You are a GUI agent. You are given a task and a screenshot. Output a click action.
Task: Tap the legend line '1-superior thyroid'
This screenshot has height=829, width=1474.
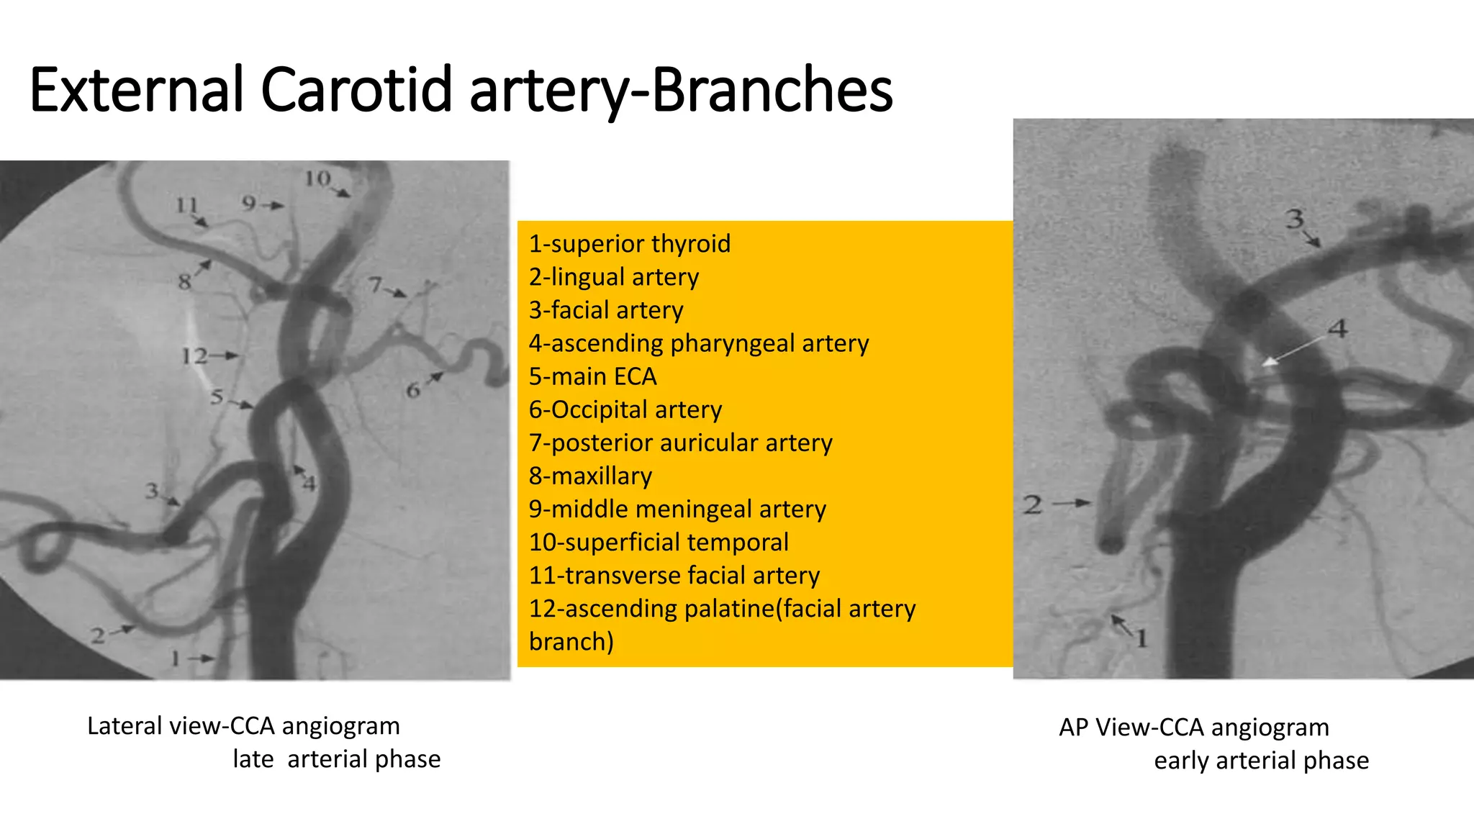[x=630, y=244]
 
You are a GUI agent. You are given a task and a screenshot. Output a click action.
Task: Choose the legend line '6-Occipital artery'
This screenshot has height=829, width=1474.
[x=625, y=409]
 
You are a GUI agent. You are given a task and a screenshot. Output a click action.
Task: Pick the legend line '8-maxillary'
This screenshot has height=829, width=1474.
[x=590, y=476]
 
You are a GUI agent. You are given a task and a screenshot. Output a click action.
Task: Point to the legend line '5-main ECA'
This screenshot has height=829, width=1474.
[x=592, y=376]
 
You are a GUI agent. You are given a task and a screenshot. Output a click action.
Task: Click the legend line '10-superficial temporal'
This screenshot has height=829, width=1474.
[x=659, y=542]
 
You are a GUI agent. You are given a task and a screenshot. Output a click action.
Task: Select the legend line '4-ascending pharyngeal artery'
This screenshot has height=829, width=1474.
[x=699, y=343]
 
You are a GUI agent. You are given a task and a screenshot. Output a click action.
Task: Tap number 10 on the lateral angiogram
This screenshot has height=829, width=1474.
[x=317, y=178]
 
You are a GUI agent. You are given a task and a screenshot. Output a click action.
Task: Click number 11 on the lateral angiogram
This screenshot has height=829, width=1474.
[x=186, y=206]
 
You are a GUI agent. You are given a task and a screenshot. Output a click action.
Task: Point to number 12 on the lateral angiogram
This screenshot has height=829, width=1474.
[x=194, y=355]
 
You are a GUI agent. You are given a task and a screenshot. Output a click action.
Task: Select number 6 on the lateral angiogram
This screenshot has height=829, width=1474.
[x=412, y=391]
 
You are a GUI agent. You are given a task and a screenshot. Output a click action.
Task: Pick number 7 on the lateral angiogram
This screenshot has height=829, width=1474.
[x=375, y=285]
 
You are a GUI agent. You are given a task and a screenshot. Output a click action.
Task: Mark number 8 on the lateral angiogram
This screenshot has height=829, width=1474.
[x=185, y=281]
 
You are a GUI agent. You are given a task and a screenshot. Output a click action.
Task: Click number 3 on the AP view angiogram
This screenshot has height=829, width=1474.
[x=1295, y=218]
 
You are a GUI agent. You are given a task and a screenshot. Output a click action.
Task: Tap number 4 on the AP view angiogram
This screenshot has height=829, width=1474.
[x=1337, y=329]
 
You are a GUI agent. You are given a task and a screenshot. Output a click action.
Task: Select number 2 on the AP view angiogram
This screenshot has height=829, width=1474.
[x=1033, y=504]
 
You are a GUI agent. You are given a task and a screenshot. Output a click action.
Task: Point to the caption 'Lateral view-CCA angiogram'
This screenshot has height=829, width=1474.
[x=243, y=726]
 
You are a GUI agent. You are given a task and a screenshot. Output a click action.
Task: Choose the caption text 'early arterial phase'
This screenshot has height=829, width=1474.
[x=1261, y=761]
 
